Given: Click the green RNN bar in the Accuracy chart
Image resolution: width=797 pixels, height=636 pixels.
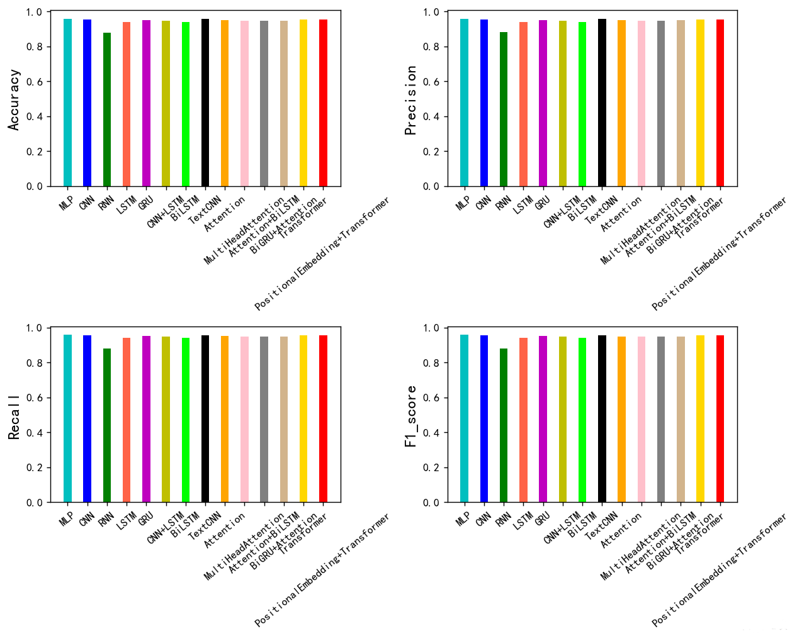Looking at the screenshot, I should [x=107, y=110].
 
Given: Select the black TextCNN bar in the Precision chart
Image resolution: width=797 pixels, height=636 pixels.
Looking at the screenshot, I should [x=602, y=104].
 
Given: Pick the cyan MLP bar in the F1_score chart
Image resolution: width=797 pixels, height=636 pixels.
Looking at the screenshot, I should [x=464, y=419].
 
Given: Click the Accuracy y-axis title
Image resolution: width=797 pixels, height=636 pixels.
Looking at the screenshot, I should [x=14, y=99].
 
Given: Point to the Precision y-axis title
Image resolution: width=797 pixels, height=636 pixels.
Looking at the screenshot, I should [x=411, y=100].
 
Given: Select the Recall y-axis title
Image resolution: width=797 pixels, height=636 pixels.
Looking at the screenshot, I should [x=14, y=417].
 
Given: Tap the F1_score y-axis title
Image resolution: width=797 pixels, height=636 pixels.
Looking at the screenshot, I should [x=411, y=416].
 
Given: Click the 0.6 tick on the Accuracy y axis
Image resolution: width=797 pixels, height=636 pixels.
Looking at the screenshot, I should [x=35, y=82].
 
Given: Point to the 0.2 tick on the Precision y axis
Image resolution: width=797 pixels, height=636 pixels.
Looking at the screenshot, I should [x=432, y=152].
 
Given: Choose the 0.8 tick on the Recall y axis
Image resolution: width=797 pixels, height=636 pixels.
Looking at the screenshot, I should [x=35, y=363].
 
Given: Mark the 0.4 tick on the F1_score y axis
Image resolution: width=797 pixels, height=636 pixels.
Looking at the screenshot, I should [x=432, y=433].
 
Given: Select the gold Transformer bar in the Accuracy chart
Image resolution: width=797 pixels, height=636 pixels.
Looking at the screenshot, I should [x=303, y=104].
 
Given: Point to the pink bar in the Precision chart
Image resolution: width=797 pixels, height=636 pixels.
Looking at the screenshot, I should [x=642, y=104].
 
